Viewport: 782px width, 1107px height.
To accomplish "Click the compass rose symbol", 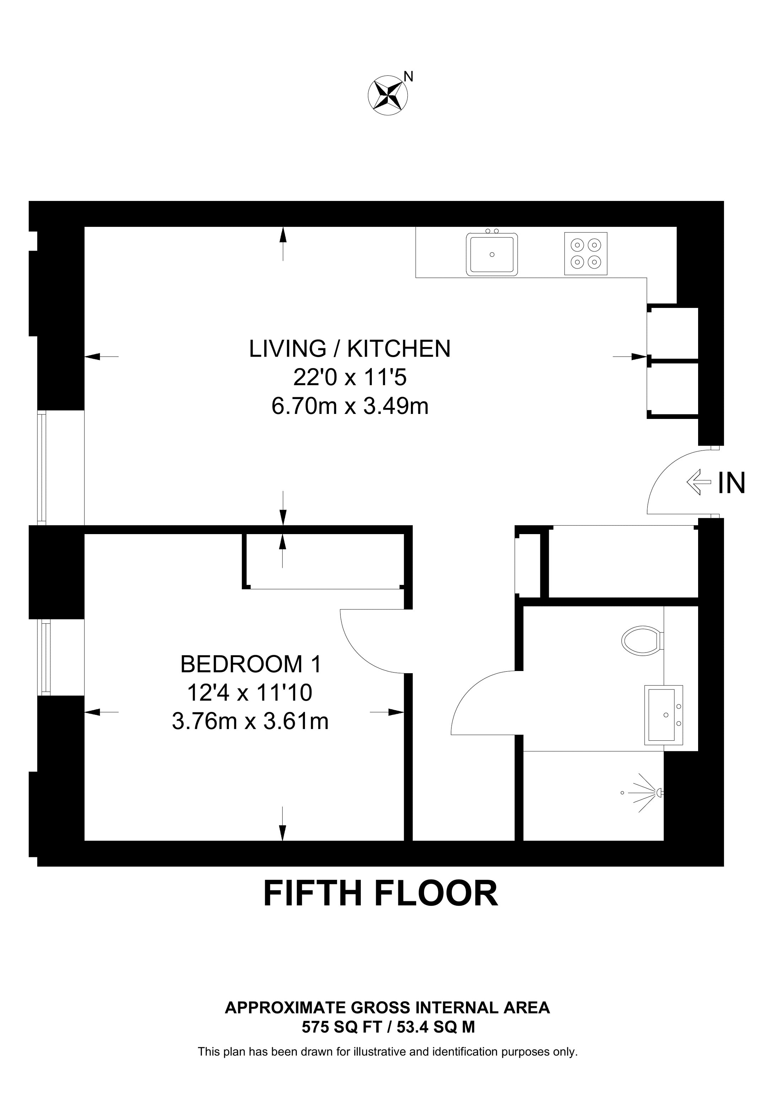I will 387,95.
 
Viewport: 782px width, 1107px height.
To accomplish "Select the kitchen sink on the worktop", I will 492,254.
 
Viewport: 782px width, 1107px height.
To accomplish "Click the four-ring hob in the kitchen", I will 585,254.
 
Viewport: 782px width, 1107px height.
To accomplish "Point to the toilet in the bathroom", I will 641,641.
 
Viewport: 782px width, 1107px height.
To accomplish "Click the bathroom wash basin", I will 664,715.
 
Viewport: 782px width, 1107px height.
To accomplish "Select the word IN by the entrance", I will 732,483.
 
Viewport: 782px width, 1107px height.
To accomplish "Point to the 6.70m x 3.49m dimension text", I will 350,406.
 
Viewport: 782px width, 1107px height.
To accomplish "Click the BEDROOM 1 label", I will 250,664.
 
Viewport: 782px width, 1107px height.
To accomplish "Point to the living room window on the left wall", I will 42,467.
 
